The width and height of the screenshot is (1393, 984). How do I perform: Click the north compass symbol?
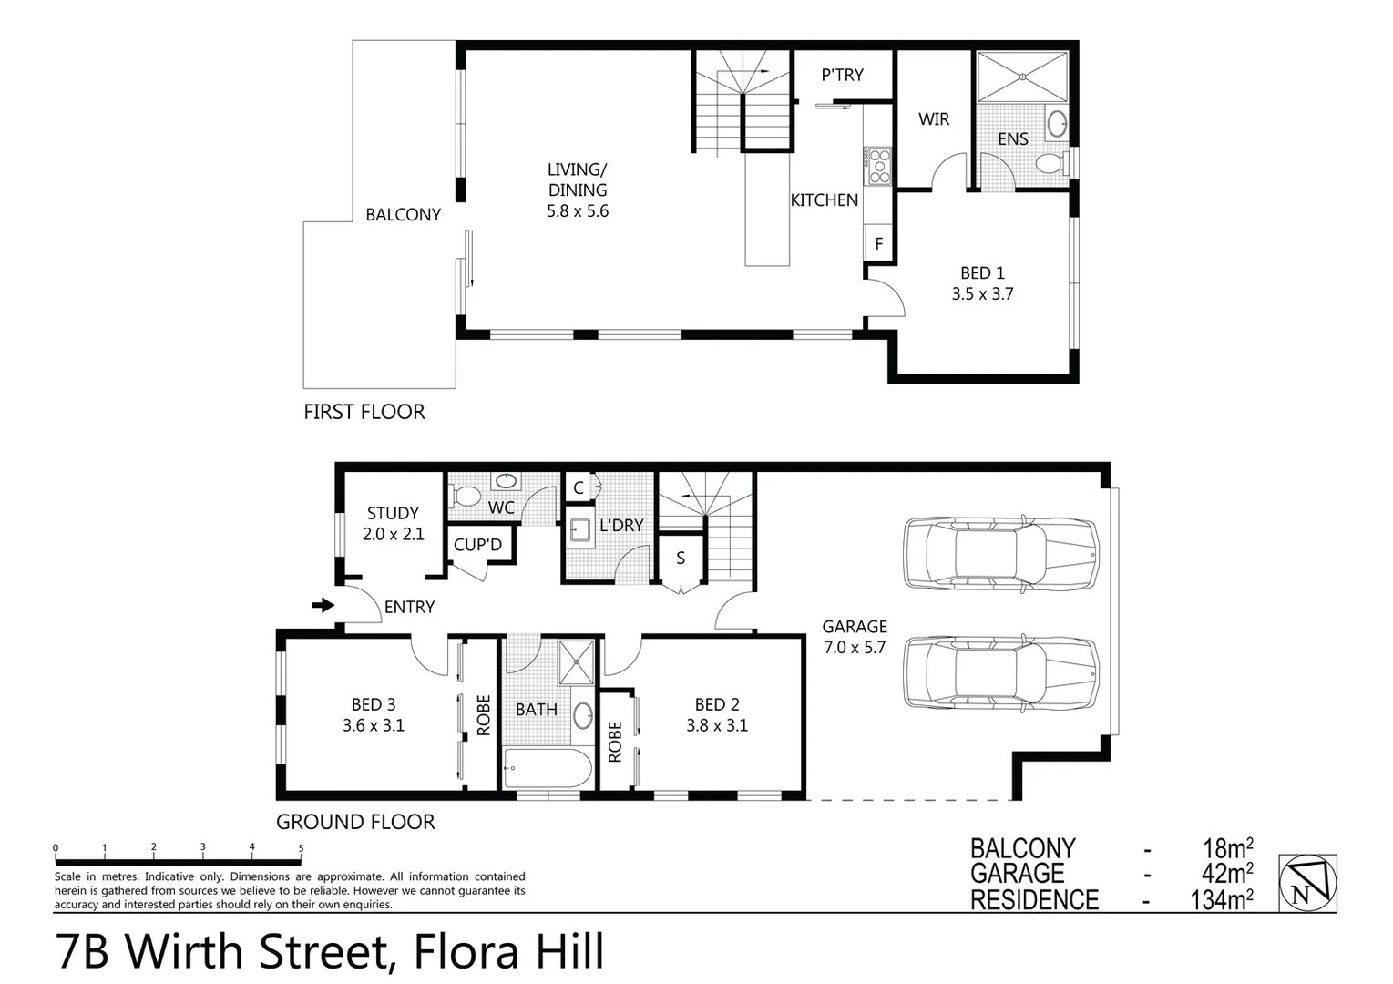click(1307, 882)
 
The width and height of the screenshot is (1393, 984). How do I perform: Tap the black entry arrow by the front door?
click(323, 605)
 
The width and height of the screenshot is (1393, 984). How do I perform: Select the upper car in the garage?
click(1000, 553)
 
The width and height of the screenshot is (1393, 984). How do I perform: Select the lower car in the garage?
click(1000, 673)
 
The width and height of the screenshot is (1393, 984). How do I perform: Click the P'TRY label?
click(842, 75)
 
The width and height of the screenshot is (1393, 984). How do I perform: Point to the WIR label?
click(933, 119)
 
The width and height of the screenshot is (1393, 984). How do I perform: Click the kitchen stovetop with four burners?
click(879, 167)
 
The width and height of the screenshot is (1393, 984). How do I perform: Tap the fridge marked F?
click(879, 244)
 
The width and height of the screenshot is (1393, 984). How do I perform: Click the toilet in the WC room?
click(466, 497)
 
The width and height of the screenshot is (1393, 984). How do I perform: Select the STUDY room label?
click(393, 513)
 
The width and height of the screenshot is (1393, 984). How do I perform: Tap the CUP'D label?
click(477, 545)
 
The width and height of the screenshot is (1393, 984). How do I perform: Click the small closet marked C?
click(578, 487)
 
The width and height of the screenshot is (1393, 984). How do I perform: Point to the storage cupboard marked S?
click(681, 559)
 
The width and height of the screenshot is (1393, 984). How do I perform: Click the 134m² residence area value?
click(1221, 900)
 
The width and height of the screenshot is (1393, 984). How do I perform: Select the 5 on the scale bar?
click(301, 848)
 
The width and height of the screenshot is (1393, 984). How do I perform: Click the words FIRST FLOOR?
click(364, 412)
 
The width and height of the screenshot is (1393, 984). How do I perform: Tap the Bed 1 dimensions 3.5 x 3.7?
click(982, 294)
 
